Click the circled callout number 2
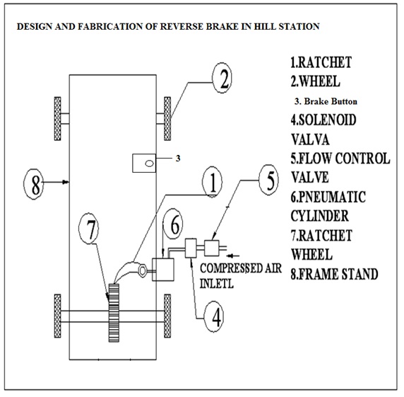(x=222, y=78)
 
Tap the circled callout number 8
(x=34, y=184)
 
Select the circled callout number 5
(x=268, y=180)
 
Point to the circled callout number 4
(x=213, y=317)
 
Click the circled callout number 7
(x=88, y=228)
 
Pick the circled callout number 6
(x=173, y=224)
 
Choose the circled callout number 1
(x=212, y=182)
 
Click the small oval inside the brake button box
(x=150, y=163)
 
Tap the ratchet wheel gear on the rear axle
(x=114, y=313)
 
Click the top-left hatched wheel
(x=58, y=119)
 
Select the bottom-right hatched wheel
(x=167, y=316)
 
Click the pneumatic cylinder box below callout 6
(x=163, y=270)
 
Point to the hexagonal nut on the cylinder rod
(x=142, y=270)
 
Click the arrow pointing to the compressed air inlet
(x=233, y=255)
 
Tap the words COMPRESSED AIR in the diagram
(x=241, y=268)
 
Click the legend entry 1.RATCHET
(x=321, y=62)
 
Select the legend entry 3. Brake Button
(x=326, y=101)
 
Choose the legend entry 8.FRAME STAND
(x=335, y=274)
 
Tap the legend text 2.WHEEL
(x=316, y=81)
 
